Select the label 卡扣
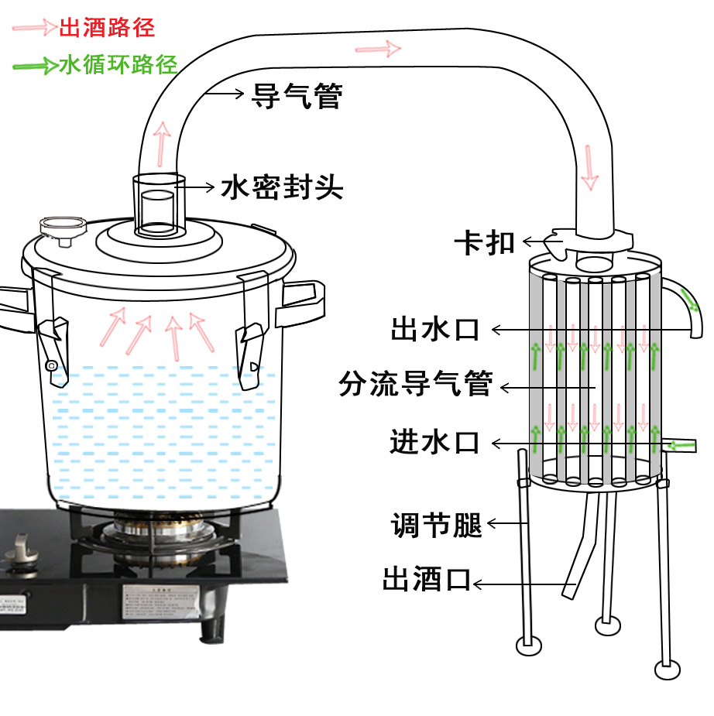coord(485,242)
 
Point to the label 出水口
coord(435,330)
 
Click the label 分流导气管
coord(416,383)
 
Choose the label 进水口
coord(434,443)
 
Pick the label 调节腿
coord(437,526)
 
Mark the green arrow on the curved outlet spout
coord(688,299)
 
